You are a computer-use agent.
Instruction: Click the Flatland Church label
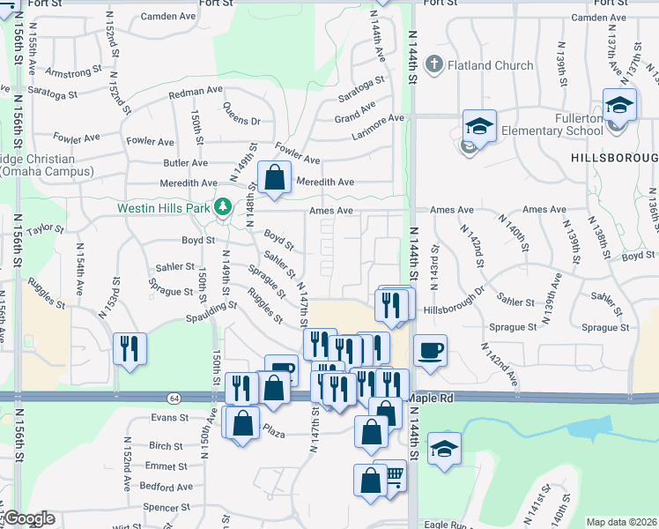tap(491, 65)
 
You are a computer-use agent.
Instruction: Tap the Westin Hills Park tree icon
tap(224, 207)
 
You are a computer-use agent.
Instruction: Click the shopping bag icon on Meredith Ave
tap(275, 176)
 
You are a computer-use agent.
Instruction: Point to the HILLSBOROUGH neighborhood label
tap(614, 157)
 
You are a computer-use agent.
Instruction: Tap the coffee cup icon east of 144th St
tap(430, 350)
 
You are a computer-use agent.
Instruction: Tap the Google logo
tap(28, 518)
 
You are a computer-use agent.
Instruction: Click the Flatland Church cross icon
tap(433, 64)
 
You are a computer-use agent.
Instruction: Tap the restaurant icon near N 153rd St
tap(130, 348)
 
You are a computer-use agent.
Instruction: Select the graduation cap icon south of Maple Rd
tap(445, 449)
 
